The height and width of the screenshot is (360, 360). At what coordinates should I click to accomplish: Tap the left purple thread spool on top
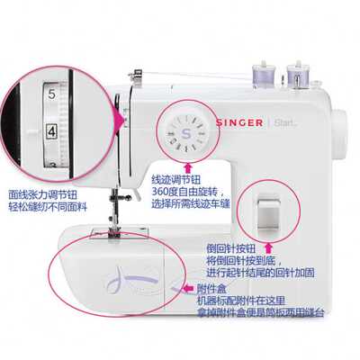[x=268, y=72]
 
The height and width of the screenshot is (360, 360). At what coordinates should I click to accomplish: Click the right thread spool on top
[x=296, y=72]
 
